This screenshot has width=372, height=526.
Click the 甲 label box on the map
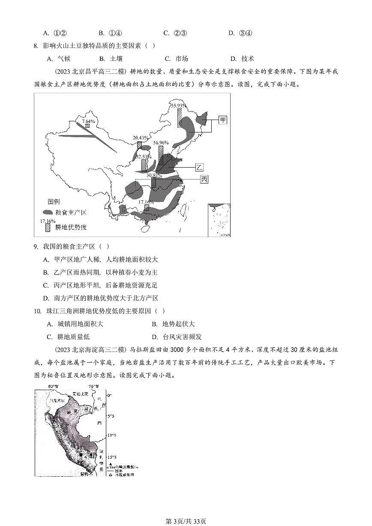click(x=223, y=120)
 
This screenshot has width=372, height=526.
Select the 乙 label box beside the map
click(x=200, y=167)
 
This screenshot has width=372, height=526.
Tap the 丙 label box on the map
click(x=204, y=179)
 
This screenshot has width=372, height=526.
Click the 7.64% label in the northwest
click(x=89, y=122)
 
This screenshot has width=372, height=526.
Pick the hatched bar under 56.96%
click(x=161, y=155)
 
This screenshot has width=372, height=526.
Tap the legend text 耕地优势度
click(x=71, y=227)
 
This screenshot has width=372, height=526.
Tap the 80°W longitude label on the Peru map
click(x=53, y=387)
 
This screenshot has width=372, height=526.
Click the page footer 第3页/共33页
click(x=186, y=521)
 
